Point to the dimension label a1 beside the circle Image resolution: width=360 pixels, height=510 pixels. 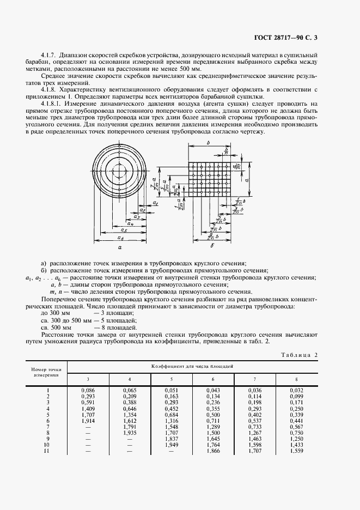point(139,203)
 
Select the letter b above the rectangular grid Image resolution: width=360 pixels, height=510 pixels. point(209,143)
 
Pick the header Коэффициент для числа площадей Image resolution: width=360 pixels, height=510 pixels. point(192,366)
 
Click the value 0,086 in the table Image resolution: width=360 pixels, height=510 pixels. point(88,391)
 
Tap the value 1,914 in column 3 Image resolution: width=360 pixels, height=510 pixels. point(88,421)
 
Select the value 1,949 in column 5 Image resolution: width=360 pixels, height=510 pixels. point(172,445)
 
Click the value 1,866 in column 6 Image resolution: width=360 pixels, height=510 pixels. point(213,451)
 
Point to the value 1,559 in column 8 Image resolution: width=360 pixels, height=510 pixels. point(296,451)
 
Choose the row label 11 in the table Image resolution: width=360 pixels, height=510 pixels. point(47,451)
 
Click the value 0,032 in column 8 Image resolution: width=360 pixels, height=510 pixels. point(296,391)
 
